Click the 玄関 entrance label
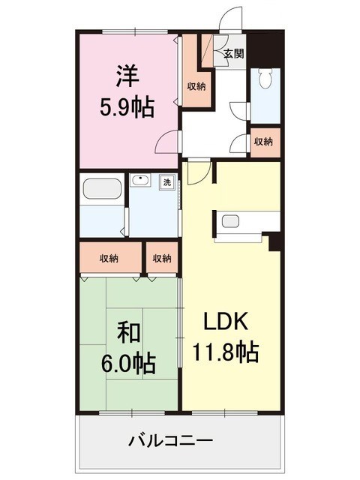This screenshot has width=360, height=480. tap(232, 53)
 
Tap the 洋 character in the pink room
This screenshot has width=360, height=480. tap(127, 76)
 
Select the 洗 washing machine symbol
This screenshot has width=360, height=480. tap(166, 182)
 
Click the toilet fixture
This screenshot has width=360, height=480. tap(264, 82)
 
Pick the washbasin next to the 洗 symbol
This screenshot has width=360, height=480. tap(140, 182)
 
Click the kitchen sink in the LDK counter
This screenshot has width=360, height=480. tap(230, 221)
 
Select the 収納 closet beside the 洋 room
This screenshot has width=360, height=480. tap(196, 85)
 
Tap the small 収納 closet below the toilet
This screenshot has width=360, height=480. tap(263, 142)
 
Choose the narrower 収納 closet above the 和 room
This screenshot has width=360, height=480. tap(162, 258)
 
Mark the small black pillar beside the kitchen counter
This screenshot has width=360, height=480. tap(274, 241)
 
